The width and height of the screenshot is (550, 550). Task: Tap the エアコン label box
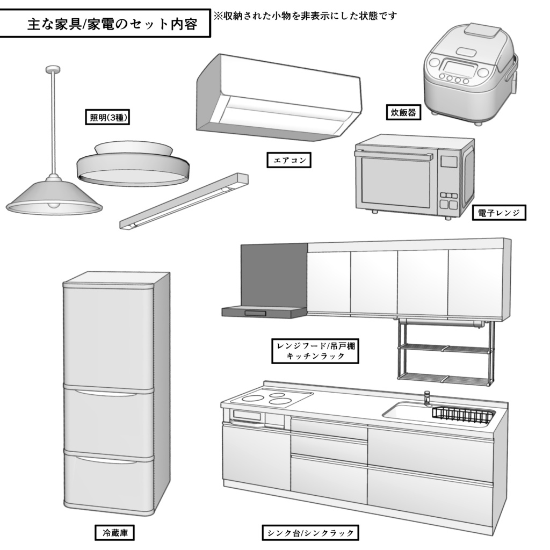[289, 160]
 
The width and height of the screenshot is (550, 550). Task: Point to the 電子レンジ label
[499, 213]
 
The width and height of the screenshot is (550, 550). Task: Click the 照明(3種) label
[108, 118]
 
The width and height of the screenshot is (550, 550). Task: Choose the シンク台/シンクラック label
[311, 533]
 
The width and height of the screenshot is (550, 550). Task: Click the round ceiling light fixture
[132, 163]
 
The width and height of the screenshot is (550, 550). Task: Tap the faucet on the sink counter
[428, 398]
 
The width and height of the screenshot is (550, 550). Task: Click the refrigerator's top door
[108, 336]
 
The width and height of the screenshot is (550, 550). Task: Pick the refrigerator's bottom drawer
[108, 481]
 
